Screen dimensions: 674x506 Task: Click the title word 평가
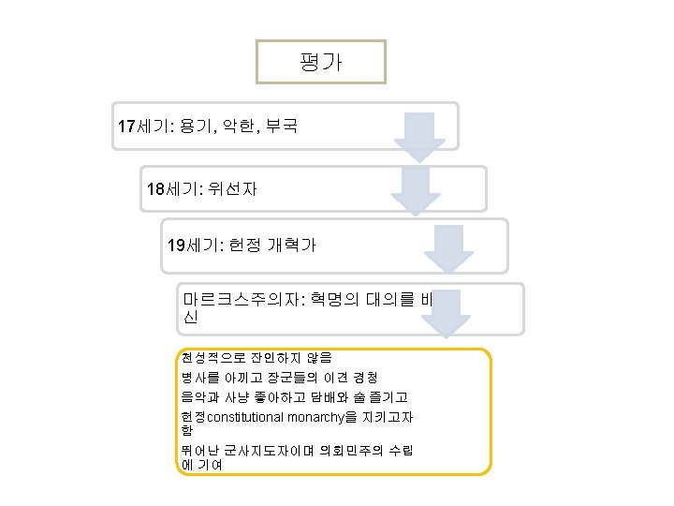[x=320, y=63]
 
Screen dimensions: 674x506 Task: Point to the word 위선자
[x=233, y=189]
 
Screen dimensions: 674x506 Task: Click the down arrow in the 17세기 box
[x=418, y=136]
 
